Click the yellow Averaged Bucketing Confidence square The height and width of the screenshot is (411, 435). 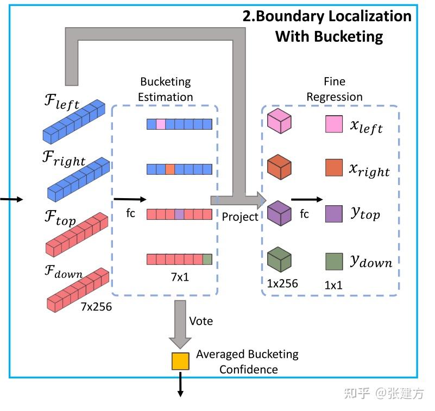tap(180, 361)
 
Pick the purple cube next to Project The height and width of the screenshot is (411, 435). tap(280, 213)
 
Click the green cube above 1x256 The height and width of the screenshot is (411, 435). tap(280, 260)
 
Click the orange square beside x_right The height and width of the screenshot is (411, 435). tap(334, 168)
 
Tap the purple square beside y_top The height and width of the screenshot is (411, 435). tap(334, 214)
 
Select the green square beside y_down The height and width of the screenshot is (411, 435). tap(334, 262)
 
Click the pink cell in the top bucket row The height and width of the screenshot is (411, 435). tap(161, 124)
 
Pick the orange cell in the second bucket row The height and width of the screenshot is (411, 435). tap(170, 169)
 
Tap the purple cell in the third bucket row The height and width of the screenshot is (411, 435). tap(179, 214)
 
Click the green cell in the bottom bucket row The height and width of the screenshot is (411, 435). tap(207, 260)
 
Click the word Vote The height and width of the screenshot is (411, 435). tap(200, 321)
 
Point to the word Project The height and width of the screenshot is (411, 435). tap(240, 217)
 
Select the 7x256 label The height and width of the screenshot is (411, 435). tap(96, 307)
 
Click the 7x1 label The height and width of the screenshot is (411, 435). tap(179, 277)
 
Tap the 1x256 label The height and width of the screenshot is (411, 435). tap(282, 283)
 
